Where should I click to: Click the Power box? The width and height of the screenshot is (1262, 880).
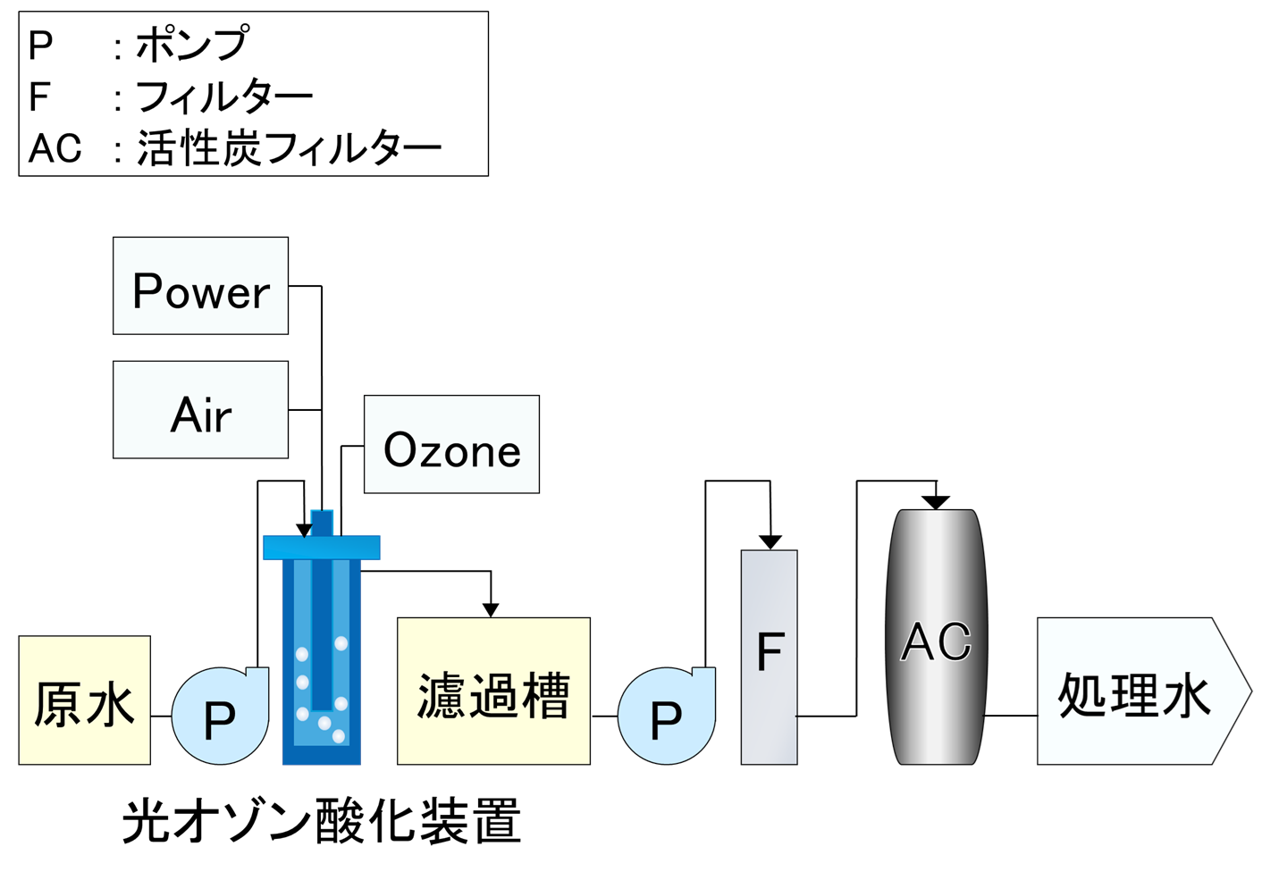(x=200, y=286)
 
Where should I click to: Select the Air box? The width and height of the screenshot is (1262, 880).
(x=200, y=410)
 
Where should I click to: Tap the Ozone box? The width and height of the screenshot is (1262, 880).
(x=451, y=444)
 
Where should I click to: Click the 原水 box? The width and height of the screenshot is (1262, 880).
(x=84, y=700)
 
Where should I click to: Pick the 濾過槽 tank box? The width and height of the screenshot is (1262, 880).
(x=493, y=691)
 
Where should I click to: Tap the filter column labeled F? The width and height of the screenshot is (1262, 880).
(x=770, y=657)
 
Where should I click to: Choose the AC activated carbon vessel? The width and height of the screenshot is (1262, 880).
(x=936, y=638)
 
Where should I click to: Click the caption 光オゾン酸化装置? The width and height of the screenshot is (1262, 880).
(x=321, y=821)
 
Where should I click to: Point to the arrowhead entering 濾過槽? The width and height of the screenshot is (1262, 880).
(x=491, y=610)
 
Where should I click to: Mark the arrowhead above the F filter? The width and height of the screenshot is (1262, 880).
(x=770, y=542)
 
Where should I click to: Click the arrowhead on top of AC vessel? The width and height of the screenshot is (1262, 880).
(x=936, y=503)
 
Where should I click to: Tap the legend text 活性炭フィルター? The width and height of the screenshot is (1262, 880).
(x=289, y=148)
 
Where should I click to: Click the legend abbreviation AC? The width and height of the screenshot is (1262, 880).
(x=55, y=148)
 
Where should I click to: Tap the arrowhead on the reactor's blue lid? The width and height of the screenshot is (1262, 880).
(x=304, y=531)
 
